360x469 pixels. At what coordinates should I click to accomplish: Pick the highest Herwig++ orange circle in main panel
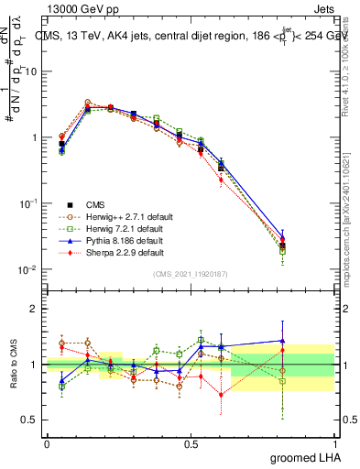[x=87, y=103]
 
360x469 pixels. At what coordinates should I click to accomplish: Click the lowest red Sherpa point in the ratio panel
[x=221, y=395]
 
